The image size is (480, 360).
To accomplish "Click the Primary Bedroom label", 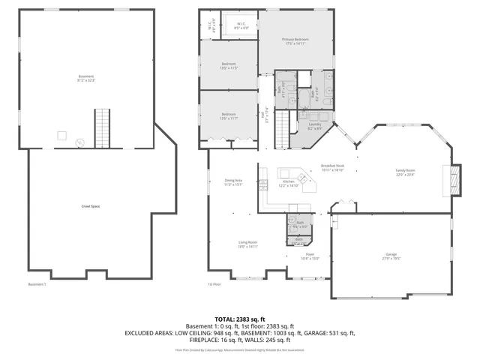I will pyautogui.click(x=295, y=40).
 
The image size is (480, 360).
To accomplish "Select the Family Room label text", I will pyautogui.click(x=405, y=172).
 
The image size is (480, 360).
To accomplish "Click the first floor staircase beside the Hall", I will pyautogui.click(x=283, y=123).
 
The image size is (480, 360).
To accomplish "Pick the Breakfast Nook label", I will pyautogui.click(x=332, y=167).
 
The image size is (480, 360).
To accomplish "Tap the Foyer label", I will pyautogui.click(x=310, y=256).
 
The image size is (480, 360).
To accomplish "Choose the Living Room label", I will pyautogui.click(x=248, y=244).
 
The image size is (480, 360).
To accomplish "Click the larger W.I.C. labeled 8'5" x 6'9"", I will pyautogui.click(x=241, y=25).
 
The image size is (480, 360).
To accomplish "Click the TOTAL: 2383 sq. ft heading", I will pyautogui.click(x=239, y=319).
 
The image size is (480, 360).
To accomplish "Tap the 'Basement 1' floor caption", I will pyautogui.click(x=37, y=284).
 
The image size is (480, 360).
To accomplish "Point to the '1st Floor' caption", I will pyautogui.click(x=214, y=284).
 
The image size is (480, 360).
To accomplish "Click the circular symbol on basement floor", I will pyautogui.click(x=81, y=142).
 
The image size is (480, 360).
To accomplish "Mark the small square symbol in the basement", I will pyautogui.click(x=62, y=135).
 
